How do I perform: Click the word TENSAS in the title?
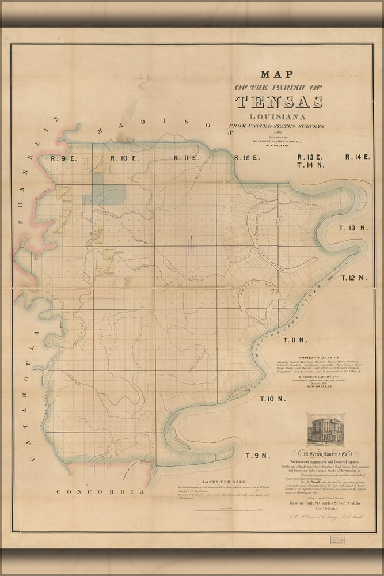click(279, 102)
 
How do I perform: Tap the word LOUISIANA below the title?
click(279, 115)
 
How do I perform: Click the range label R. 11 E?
click(186, 158)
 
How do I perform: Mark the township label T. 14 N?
click(313, 165)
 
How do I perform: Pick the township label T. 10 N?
click(272, 399)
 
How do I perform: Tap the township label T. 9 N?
click(257, 456)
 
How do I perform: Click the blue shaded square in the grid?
click(104, 196)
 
